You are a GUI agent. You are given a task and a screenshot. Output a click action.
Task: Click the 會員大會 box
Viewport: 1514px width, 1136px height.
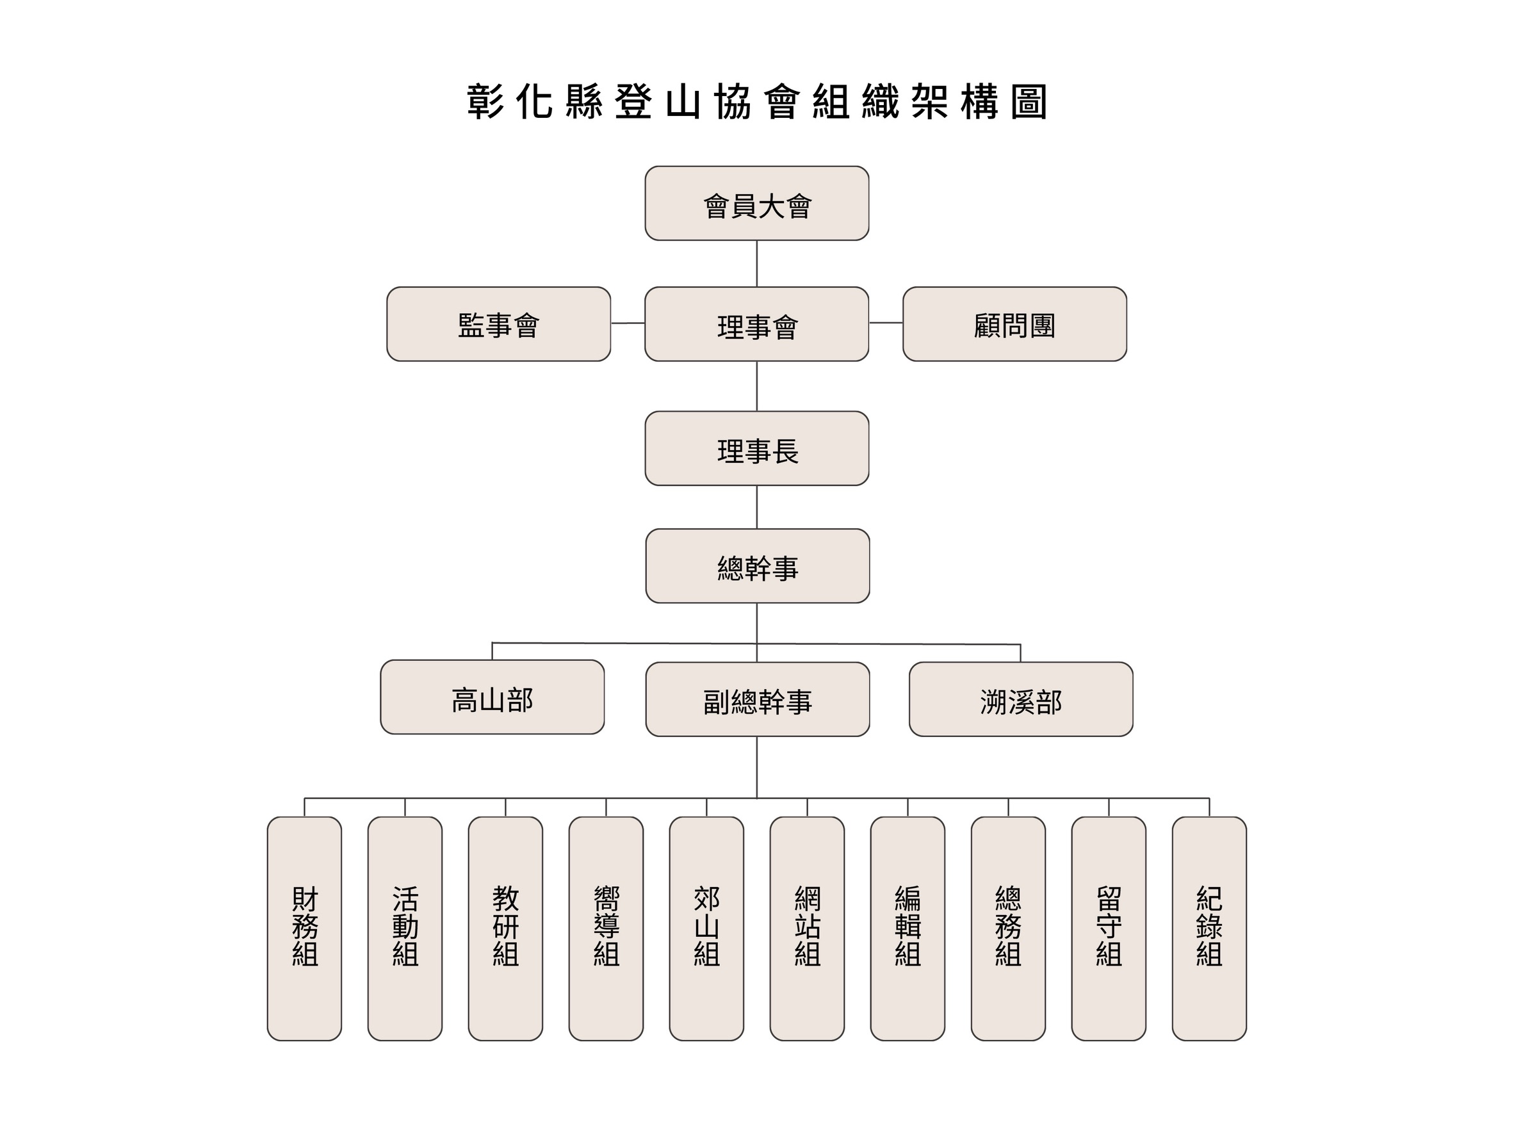pyautogui.click(x=756, y=203)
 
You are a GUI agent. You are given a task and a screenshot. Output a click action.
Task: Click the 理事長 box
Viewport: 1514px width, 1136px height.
pyautogui.click(x=756, y=448)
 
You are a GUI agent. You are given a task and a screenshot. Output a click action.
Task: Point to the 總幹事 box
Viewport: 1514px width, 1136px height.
pyautogui.click(x=757, y=566)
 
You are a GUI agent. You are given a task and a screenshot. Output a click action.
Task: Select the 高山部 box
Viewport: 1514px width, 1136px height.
pyautogui.click(x=492, y=697)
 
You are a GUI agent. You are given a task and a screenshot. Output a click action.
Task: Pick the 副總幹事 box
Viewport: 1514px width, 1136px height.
pyautogui.click(x=757, y=699)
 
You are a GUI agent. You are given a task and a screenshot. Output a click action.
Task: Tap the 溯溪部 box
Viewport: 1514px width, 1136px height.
pyautogui.click(x=1020, y=699)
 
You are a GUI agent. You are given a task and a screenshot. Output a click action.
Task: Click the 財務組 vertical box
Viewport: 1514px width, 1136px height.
pyautogui.click(x=305, y=929)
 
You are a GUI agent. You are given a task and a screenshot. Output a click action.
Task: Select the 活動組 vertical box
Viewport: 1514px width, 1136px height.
pyautogui.click(x=405, y=929)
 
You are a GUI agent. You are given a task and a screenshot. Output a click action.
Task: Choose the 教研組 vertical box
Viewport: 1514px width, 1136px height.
pyautogui.click(x=506, y=929)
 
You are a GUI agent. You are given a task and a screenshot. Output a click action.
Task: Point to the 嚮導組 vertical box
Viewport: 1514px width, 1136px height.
pyautogui.click(x=606, y=929)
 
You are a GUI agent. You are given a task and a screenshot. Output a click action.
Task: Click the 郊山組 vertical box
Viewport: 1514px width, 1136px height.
pyautogui.click(x=706, y=929)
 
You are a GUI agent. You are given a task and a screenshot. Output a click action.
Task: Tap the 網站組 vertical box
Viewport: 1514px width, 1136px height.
pyautogui.click(x=807, y=929)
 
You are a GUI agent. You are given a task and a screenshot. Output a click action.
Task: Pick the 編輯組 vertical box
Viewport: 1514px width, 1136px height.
pyautogui.click(x=908, y=929)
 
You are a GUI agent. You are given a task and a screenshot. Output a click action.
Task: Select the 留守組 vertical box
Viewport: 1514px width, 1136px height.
pyautogui.click(x=1109, y=929)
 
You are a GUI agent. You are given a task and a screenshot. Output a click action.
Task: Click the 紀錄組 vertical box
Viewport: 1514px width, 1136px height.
pyautogui.click(x=1209, y=929)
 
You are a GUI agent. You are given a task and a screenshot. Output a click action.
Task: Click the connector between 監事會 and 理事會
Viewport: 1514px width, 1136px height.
pyautogui.click(x=628, y=323)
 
